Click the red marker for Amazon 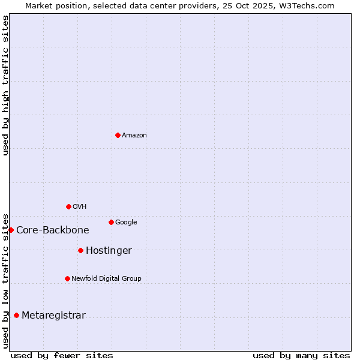[118, 135]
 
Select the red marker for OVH [68, 206]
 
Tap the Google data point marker [111, 222]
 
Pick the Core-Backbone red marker [11, 230]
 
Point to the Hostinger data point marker [80, 250]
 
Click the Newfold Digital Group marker [67, 278]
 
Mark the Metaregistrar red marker [16, 315]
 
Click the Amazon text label [134, 136]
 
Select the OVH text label [80, 207]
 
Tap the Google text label [126, 223]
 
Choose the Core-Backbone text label [53, 230]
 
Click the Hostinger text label [109, 251]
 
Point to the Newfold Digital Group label [107, 279]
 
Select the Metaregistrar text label [53, 316]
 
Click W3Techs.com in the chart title [306, 6]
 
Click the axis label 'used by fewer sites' [62, 355]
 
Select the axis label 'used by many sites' [301, 355]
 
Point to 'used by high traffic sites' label [6, 85]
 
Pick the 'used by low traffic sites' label [6, 280]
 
